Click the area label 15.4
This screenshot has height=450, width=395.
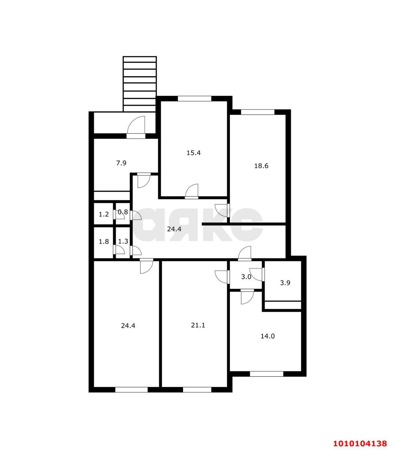(x=193, y=153)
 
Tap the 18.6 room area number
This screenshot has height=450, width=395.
(x=261, y=166)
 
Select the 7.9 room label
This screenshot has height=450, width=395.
(x=121, y=163)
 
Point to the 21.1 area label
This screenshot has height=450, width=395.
(x=198, y=325)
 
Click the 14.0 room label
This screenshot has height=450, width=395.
(x=268, y=336)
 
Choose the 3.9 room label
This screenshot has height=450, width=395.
(x=285, y=283)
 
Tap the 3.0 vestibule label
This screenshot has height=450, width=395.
(x=246, y=277)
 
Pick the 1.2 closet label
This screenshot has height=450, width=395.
(x=104, y=214)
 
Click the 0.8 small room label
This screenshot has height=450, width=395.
(x=123, y=212)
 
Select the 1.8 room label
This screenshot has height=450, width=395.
(x=104, y=242)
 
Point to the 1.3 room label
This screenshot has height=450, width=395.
(x=123, y=241)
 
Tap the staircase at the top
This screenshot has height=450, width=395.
(x=140, y=84)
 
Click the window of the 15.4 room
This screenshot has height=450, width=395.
(x=195, y=98)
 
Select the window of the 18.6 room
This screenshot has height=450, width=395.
(x=258, y=112)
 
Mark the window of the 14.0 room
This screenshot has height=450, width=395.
(x=266, y=374)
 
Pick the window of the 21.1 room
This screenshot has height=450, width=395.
(x=197, y=390)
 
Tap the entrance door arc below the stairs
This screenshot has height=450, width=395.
(x=136, y=125)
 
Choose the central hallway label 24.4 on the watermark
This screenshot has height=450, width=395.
(x=174, y=229)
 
